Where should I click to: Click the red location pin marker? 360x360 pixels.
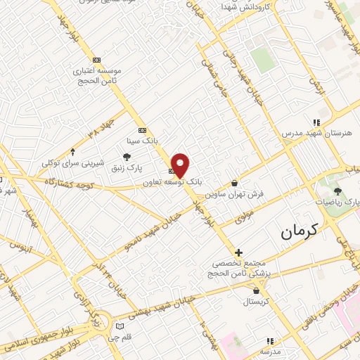180,165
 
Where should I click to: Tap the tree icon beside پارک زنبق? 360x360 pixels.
127,157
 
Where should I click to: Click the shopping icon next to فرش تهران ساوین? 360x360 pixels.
234,183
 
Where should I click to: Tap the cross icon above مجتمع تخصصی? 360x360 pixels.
238,252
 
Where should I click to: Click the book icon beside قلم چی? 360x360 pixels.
120,326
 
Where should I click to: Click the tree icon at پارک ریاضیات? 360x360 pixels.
338,191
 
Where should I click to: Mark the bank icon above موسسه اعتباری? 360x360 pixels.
96,60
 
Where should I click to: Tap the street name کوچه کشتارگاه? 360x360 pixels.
70,181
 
